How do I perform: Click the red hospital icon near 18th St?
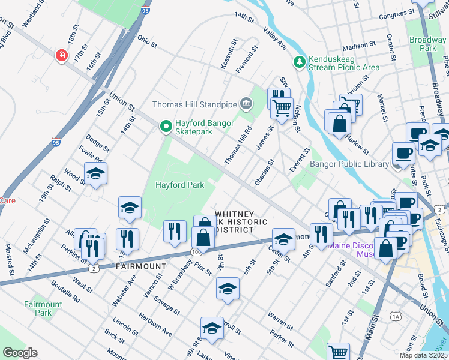(61, 56)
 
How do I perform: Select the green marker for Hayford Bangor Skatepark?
(166, 126)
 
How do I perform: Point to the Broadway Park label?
(427, 44)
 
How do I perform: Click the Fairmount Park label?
(43, 308)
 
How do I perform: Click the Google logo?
(20, 353)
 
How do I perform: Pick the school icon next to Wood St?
(95, 173)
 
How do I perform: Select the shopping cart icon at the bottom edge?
(339, 352)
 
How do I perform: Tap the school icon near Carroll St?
(212, 328)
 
